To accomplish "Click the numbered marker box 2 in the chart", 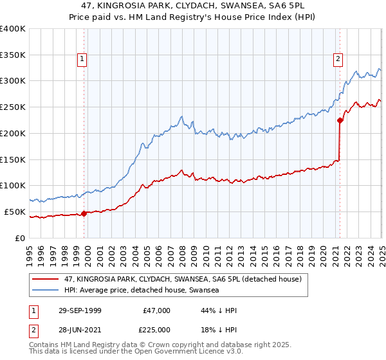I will (x=338, y=60).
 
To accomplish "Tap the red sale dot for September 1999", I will (x=84, y=213).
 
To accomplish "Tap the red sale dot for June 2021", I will (x=340, y=120).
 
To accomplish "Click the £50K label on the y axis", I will (x=15, y=212).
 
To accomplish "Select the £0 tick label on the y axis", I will (x=21, y=238).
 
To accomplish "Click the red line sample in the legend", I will (x=46, y=279).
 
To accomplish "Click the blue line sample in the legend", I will (x=46, y=291).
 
